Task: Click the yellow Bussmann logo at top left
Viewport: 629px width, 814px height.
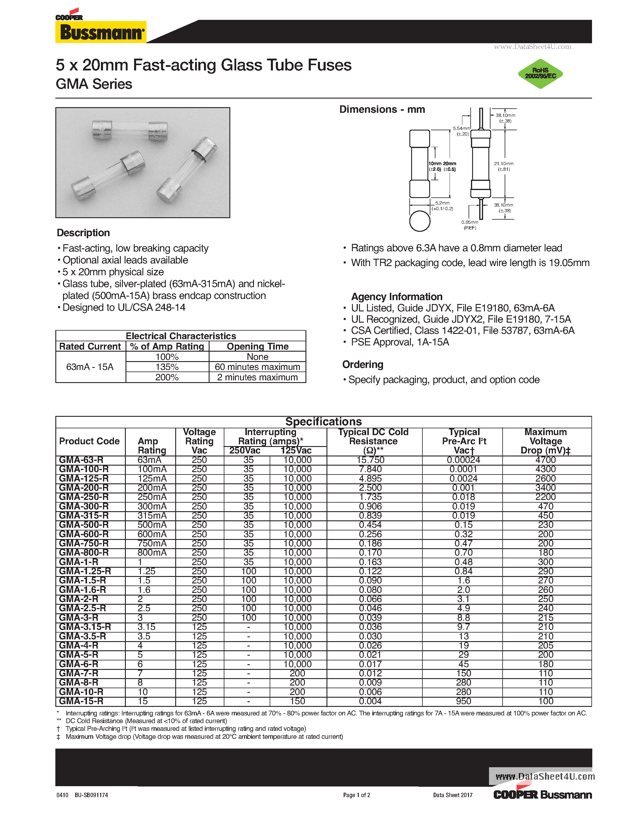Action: [101, 32]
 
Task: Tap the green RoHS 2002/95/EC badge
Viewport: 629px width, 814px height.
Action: [540, 73]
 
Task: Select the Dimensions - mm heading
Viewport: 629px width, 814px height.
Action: [382, 109]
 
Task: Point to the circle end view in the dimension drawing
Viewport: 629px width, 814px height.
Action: [420, 221]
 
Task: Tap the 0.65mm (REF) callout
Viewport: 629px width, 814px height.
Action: [469, 225]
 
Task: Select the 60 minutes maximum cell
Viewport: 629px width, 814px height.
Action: [257, 367]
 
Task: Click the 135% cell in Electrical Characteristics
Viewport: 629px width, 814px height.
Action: [167, 367]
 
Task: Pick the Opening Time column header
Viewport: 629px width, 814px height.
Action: [258, 346]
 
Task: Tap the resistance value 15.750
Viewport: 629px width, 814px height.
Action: [370, 460]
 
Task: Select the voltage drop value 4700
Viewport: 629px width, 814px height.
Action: [546, 460]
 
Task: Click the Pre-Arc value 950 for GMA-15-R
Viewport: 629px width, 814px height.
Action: [464, 701]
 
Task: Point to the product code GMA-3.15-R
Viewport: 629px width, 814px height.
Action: [85, 627]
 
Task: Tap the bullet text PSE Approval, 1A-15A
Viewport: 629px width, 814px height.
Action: [400, 342]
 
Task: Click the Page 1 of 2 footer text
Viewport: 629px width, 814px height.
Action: [357, 795]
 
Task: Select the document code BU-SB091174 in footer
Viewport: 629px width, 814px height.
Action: [91, 795]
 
